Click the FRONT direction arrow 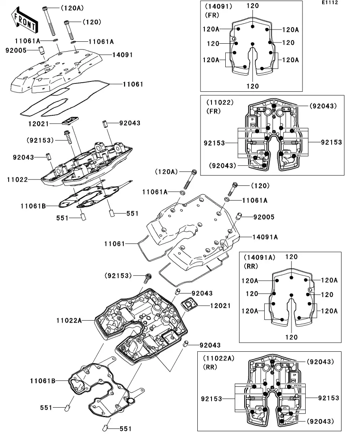click(24, 21)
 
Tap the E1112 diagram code click(330, 3)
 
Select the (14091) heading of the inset click(217, 7)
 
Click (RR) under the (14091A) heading click(251, 266)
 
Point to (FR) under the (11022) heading click(213, 111)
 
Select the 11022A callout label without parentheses click(69, 321)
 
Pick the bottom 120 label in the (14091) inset click(252, 86)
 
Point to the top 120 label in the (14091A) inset click(291, 257)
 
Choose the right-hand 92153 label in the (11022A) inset click(328, 398)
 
